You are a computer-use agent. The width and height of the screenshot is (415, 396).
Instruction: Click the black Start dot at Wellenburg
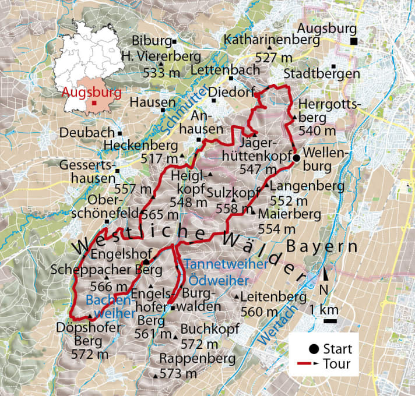coord(296,158)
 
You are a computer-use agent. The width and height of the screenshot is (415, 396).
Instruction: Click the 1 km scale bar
coord(331,320)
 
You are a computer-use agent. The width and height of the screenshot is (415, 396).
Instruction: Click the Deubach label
coord(87,133)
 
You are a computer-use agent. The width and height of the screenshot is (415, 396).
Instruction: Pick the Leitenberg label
coord(273,296)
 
